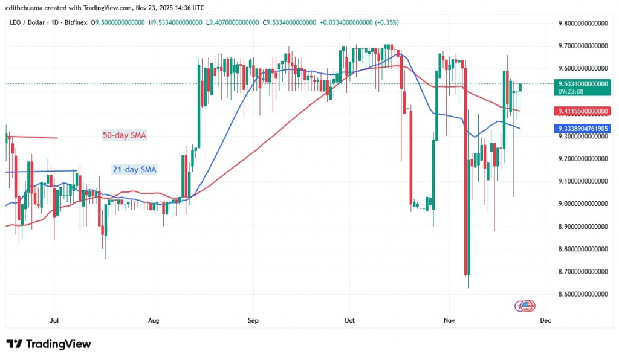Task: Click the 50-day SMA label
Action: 123,135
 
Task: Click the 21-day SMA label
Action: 134,170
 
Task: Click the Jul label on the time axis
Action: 54,320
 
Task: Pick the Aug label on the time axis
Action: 154,320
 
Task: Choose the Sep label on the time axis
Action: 253,320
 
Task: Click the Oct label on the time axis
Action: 348,320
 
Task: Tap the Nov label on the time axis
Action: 448,320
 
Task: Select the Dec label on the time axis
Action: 545,320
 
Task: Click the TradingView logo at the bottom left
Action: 49,344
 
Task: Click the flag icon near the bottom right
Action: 526,306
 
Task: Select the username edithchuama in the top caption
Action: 25,8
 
